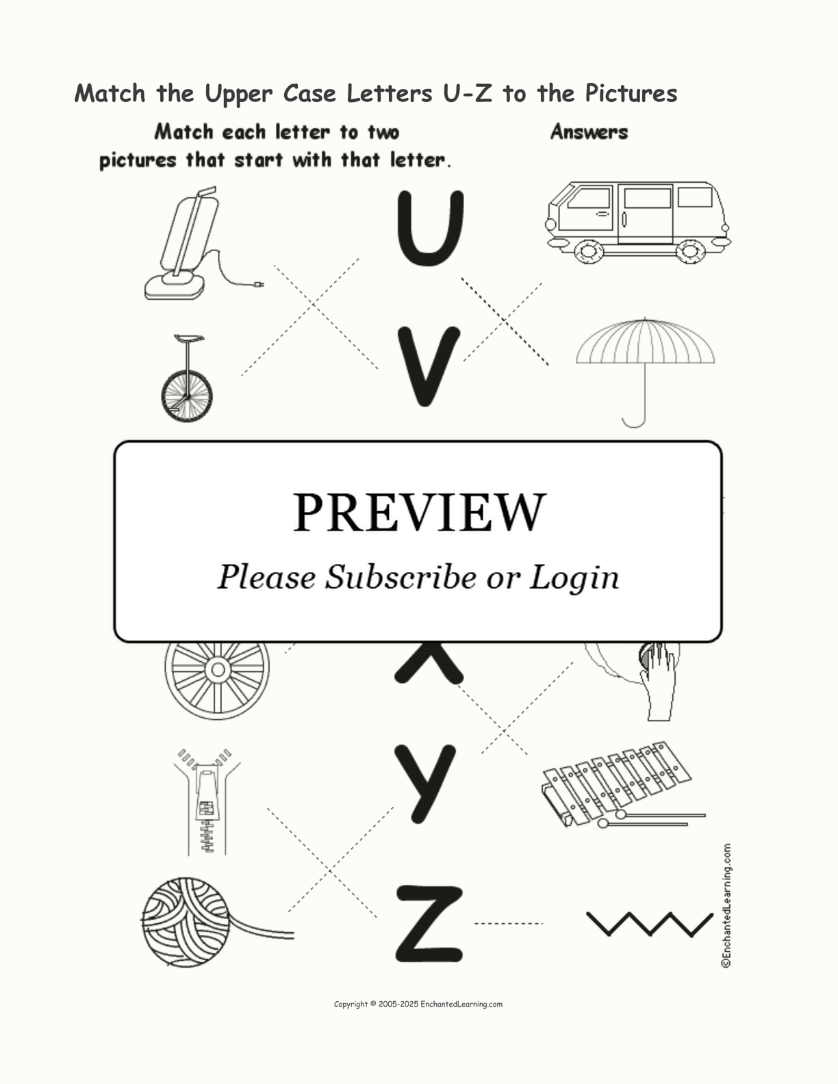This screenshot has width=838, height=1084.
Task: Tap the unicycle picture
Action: click(187, 378)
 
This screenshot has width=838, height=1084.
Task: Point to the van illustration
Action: click(638, 222)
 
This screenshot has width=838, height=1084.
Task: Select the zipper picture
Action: click(207, 801)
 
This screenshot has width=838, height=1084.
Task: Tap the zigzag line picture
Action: click(649, 924)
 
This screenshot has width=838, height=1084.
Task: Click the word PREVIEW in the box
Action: click(419, 513)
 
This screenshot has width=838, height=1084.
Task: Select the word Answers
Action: click(589, 131)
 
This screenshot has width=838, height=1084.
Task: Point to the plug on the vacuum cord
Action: click(259, 285)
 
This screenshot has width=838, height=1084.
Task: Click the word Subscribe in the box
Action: click(401, 578)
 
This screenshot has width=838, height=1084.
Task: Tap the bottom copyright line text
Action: click(418, 1004)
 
